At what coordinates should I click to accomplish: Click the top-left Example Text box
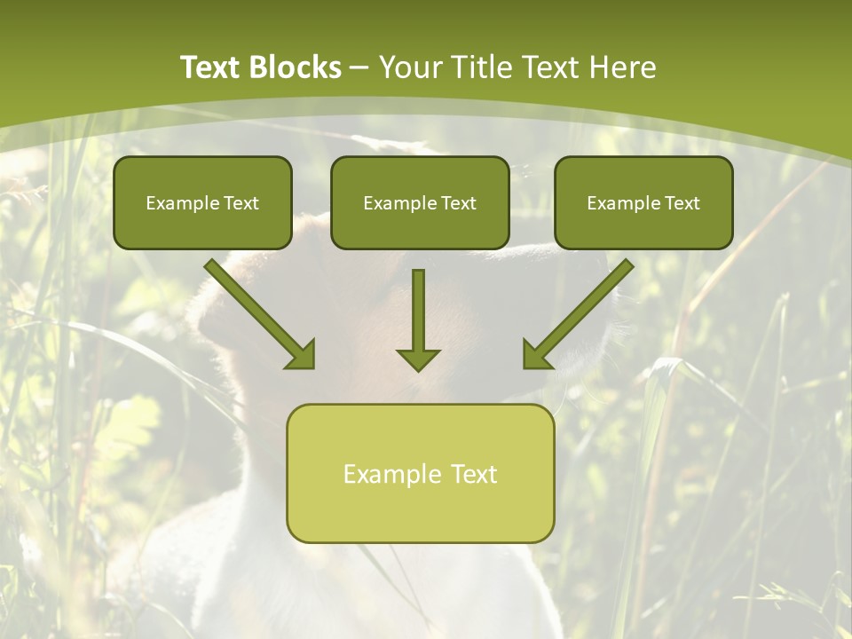[202, 202]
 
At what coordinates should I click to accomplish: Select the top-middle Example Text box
[420, 202]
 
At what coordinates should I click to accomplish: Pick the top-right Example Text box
[643, 202]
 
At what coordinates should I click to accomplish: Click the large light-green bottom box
[420, 473]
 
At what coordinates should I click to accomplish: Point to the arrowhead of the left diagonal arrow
[301, 354]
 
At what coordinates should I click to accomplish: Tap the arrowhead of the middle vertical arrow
[418, 359]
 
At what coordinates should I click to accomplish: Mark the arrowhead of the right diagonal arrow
[537, 354]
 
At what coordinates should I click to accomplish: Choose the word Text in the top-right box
[682, 203]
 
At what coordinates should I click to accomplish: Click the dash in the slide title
[359, 68]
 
